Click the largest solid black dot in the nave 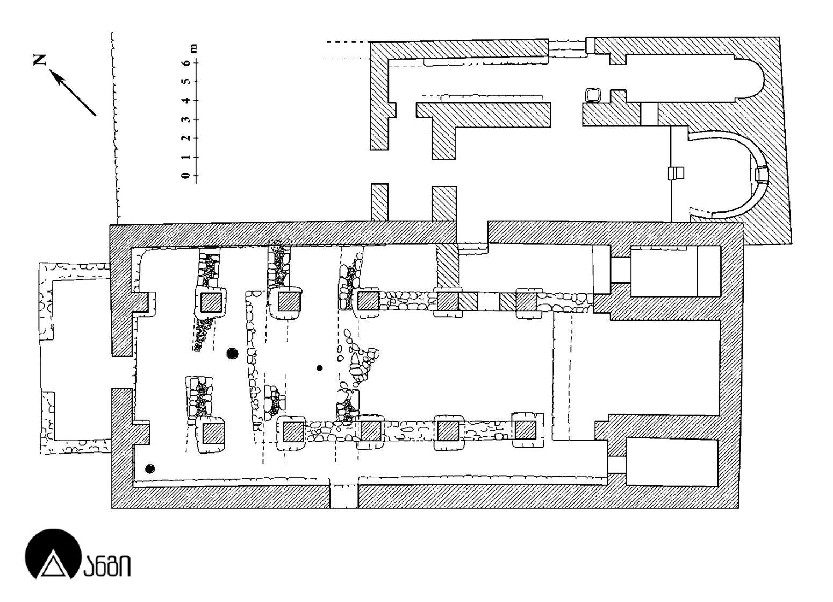(232, 353)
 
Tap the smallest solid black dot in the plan (320, 368)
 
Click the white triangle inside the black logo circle (52, 565)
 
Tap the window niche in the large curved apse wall (760, 174)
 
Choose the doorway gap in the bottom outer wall (343, 495)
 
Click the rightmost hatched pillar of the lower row (526, 430)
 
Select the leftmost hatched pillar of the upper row (211, 302)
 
